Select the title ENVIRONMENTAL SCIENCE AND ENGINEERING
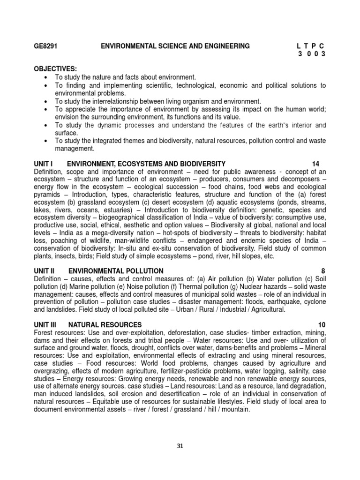point(175,46)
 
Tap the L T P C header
point(311,46)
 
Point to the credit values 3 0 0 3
point(312,54)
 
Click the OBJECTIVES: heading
point(55,69)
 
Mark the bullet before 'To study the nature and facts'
point(45,77)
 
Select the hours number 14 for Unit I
point(316,164)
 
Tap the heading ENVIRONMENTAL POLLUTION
point(116,271)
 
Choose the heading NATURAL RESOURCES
point(105,324)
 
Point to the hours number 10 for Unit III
point(321,324)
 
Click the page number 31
point(180,446)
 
